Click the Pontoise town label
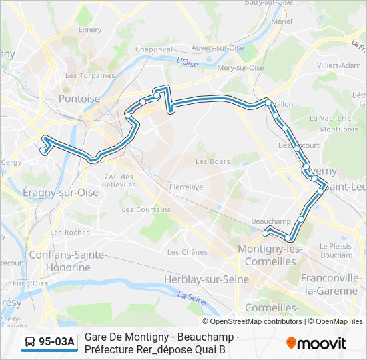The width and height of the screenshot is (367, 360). (79, 99)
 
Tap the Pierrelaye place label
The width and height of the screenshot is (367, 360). (186, 187)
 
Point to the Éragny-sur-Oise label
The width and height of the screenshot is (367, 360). (60, 192)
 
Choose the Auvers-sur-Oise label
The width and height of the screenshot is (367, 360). (218, 48)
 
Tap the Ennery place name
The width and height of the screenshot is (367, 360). (90, 30)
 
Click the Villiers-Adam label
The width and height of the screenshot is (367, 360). (338, 65)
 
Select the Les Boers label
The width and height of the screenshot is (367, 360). (212, 161)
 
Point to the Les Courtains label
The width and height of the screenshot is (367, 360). (146, 209)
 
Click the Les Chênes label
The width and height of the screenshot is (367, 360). (187, 252)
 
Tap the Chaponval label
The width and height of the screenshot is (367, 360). (154, 49)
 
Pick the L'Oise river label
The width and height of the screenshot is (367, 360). (188, 62)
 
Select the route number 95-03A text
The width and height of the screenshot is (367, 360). (57, 343)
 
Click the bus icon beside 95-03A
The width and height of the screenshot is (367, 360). (30, 343)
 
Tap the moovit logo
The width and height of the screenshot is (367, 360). (316, 343)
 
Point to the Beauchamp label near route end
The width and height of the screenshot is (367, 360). (271, 221)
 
